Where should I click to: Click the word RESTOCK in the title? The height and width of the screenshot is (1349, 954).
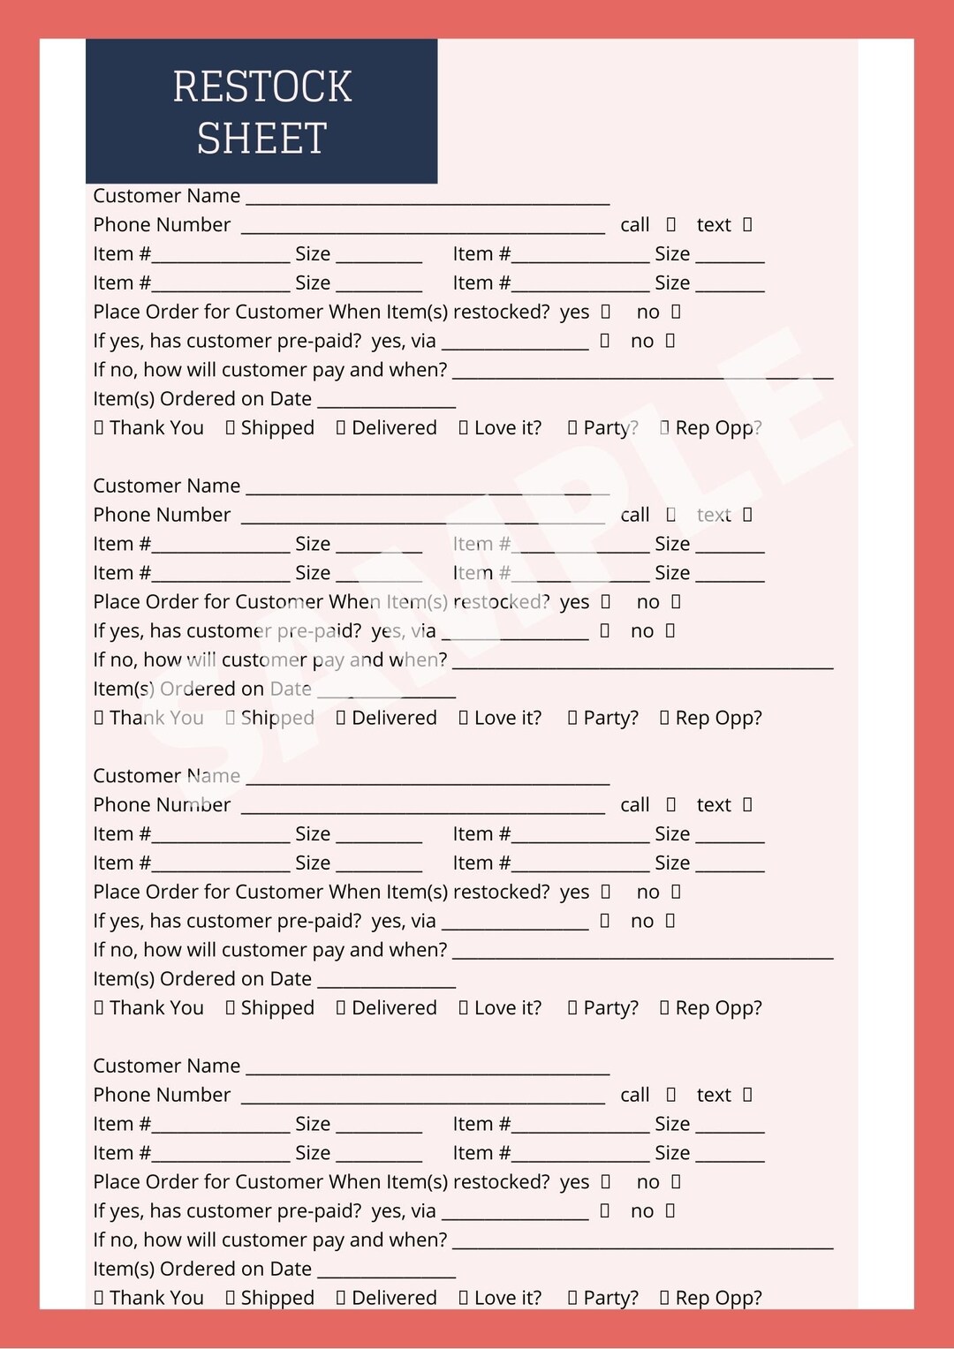tap(262, 87)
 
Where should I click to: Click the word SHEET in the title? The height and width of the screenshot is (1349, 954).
tap(262, 139)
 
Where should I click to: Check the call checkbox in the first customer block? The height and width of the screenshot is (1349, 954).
tap(671, 224)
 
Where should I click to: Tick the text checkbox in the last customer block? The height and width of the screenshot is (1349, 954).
tap(747, 1095)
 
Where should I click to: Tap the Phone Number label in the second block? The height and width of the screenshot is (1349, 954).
tap(162, 515)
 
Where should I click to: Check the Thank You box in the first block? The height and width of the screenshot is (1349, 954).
tap(99, 428)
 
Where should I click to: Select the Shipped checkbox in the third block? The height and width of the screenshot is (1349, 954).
tap(231, 1008)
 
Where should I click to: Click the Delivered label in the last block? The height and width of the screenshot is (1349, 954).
tap(394, 1298)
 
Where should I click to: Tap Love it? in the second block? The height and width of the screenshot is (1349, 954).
tap(507, 718)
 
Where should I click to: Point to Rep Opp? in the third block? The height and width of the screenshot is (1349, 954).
tap(718, 1008)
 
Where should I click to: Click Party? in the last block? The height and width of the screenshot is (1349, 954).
tap(610, 1298)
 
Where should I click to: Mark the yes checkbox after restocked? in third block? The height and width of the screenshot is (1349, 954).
tap(606, 892)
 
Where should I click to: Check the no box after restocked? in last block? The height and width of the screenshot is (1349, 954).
tap(676, 1182)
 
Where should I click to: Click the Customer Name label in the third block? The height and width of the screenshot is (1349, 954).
tap(166, 776)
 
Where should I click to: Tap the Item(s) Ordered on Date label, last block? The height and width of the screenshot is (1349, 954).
tap(202, 1269)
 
